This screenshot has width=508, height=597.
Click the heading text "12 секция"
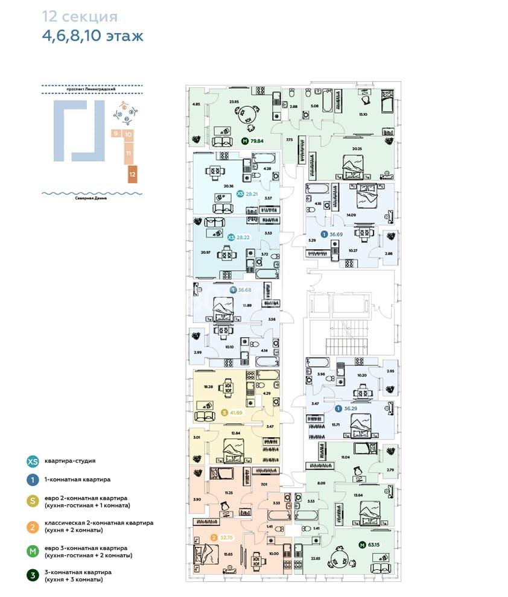pyautogui.click(x=80, y=16)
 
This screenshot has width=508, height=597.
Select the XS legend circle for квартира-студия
pyautogui.click(x=32, y=461)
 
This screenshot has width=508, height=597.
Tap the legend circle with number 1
pyautogui.click(x=32, y=480)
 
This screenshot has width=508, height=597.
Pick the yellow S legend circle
pyautogui.click(x=32, y=502)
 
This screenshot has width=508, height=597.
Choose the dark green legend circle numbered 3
pyautogui.click(x=32, y=575)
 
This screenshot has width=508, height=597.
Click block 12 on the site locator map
pyautogui.click(x=132, y=174)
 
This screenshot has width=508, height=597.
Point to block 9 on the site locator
pyautogui.click(x=115, y=133)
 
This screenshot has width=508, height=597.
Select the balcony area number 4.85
pyautogui.click(x=195, y=105)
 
